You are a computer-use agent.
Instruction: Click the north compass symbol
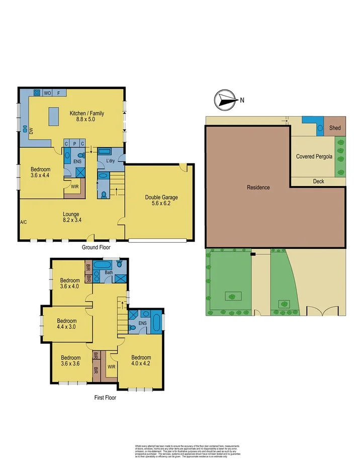(224, 100)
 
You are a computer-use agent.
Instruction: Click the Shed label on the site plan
(335, 128)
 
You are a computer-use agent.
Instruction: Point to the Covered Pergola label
(314, 156)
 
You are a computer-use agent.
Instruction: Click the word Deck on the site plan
(318, 181)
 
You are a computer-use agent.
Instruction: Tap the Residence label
(258, 188)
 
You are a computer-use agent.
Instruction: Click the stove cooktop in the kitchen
(37, 93)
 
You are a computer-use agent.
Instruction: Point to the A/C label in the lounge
(23, 222)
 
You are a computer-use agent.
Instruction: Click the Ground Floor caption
(96, 247)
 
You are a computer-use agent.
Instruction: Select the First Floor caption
(105, 397)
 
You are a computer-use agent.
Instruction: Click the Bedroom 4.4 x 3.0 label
(66, 324)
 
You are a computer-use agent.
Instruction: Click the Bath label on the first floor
(109, 273)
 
